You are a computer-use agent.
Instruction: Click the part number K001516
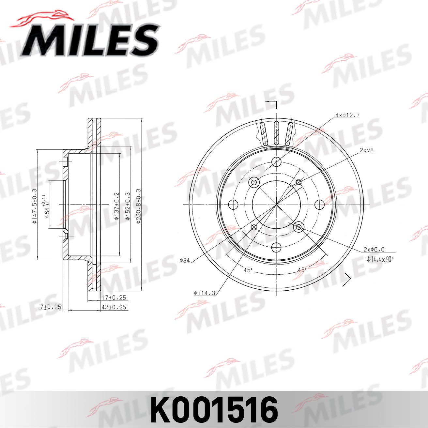pyautogui.click(x=214, y=410)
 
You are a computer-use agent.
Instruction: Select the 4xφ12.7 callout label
pyautogui.click(x=347, y=115)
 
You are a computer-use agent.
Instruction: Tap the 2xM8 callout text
pyautogui.click(x=367, y=150)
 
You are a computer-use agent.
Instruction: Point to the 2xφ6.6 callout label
pyautogui.click(x=374, y=250)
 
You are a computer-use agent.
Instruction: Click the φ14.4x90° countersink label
pyautogui.click(x=380, y=259)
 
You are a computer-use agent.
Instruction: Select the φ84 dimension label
pyautogui.click(x=185, y=260)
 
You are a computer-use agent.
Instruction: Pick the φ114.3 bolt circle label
pyautogui.click(x=205, y=293)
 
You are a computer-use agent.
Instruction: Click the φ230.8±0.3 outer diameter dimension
pyautogui.click(x=138, y=206)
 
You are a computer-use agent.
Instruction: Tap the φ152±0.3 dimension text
pyautogui.click(x=128, y=206)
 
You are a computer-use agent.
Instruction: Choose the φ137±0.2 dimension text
pyautogui.click(x=116, y=206)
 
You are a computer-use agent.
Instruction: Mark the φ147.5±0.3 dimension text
pyautogui.click(x=34, y=206)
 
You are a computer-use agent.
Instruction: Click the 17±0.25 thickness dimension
pyautogui.click(x=114, y=298)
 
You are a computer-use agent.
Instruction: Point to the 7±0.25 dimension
pyautogui.click(x=50, y=307)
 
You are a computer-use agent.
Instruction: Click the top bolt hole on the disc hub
pyautogui.click(x=277, y=161)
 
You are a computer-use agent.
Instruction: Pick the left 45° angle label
pyautogui.click(x=248, y=270)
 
